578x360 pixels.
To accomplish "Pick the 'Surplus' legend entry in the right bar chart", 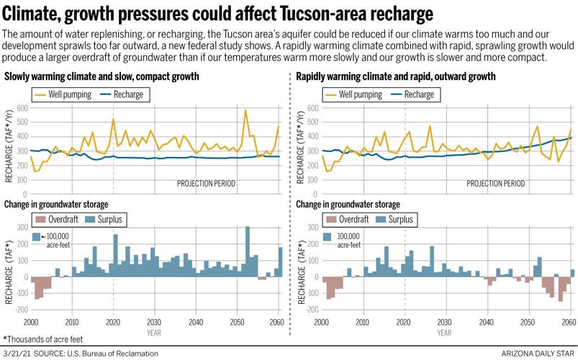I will click(x=393, y=219).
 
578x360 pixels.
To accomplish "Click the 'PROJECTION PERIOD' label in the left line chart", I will click(x=206, y=184).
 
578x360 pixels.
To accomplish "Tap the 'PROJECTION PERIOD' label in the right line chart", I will click(x=495, y=184).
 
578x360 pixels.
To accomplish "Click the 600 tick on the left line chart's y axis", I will click(x=22, y=108).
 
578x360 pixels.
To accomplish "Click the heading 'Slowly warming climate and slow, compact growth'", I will click(x=101, y=77).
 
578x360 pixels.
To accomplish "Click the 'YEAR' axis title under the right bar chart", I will click(x=444, y=333).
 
